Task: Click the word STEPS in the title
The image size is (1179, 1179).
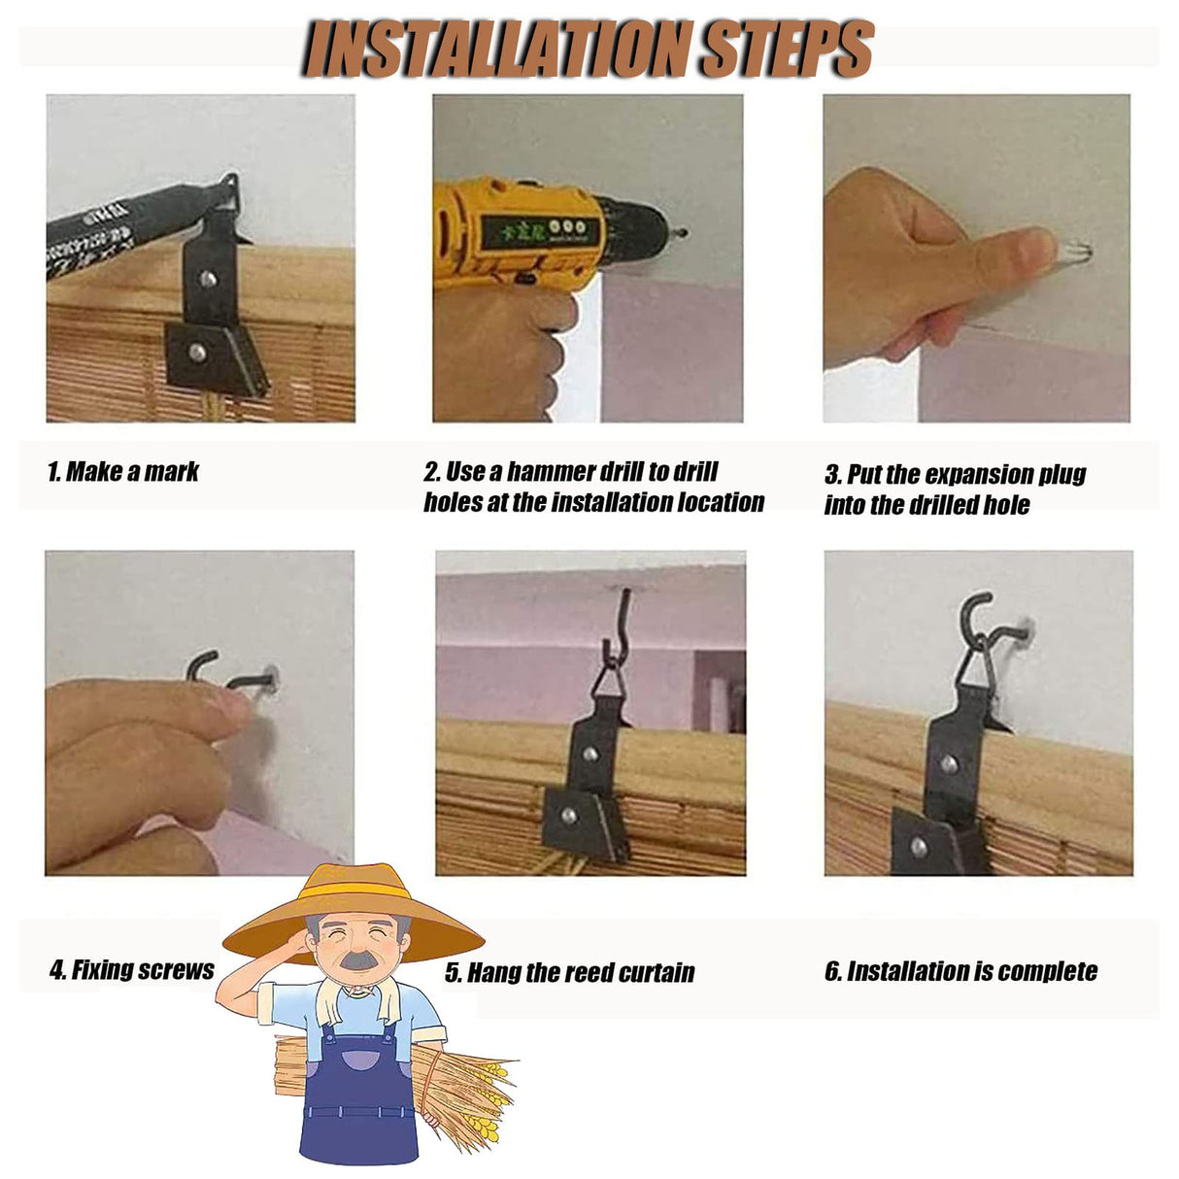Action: pyautogui.click(x=788, y=48)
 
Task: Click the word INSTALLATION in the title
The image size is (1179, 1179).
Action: pyautogui.click(x=500, y=48)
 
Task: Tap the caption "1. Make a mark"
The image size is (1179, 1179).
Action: pyautogui.click(x=123, y=472)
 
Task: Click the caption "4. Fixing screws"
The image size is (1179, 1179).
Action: pyautogui.click(x=131, y=970)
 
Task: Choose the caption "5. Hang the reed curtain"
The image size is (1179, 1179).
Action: pyautogui.click(x=569, y=972)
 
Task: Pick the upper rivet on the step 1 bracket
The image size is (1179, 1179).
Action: pyautogui.click(x=208, y=279)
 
